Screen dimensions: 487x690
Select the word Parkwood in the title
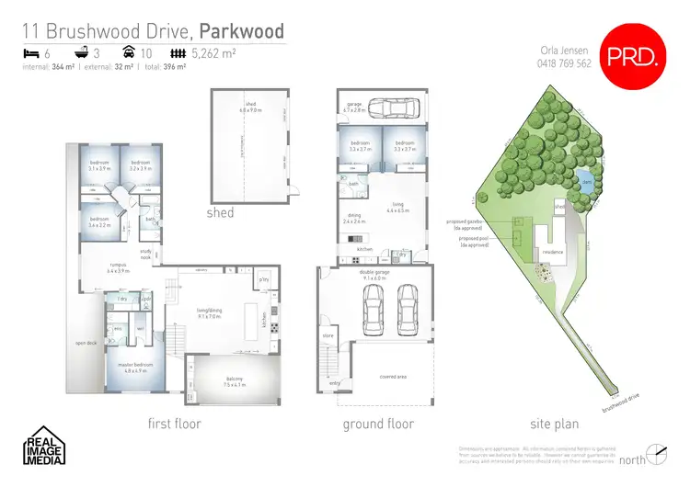point(243,32)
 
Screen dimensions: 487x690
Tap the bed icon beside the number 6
point(30,54)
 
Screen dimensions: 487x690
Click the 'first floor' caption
point(175,424)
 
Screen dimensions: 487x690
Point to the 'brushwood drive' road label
point(620,402)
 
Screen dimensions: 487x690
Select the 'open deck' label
point(86,342)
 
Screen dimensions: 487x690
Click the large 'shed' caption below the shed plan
point(221,212)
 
